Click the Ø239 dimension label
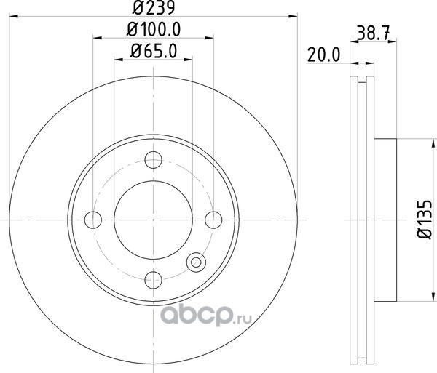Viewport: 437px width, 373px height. [154, 7]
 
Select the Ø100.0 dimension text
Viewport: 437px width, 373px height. [154, 29]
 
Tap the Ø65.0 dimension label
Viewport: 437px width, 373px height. [154, 52]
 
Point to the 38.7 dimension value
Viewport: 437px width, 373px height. [373, 33]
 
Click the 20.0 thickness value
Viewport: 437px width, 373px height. [323, 55]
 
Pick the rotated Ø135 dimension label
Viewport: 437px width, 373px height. [425, 220]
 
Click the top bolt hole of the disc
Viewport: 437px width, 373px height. [153, 160]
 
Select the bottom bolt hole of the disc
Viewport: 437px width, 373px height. [153, 280]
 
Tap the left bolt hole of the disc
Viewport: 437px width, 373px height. [93, 220]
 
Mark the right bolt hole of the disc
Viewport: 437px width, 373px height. [213, 220]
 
